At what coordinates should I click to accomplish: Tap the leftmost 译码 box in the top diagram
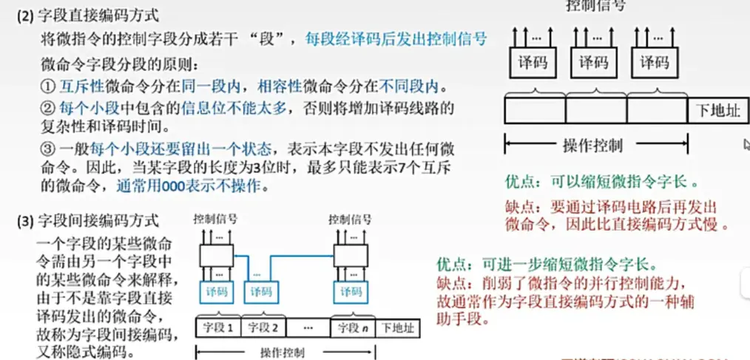[533, 63]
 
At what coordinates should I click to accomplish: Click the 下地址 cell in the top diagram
[717, 111]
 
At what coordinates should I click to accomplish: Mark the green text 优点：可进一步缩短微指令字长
[546, 264]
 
